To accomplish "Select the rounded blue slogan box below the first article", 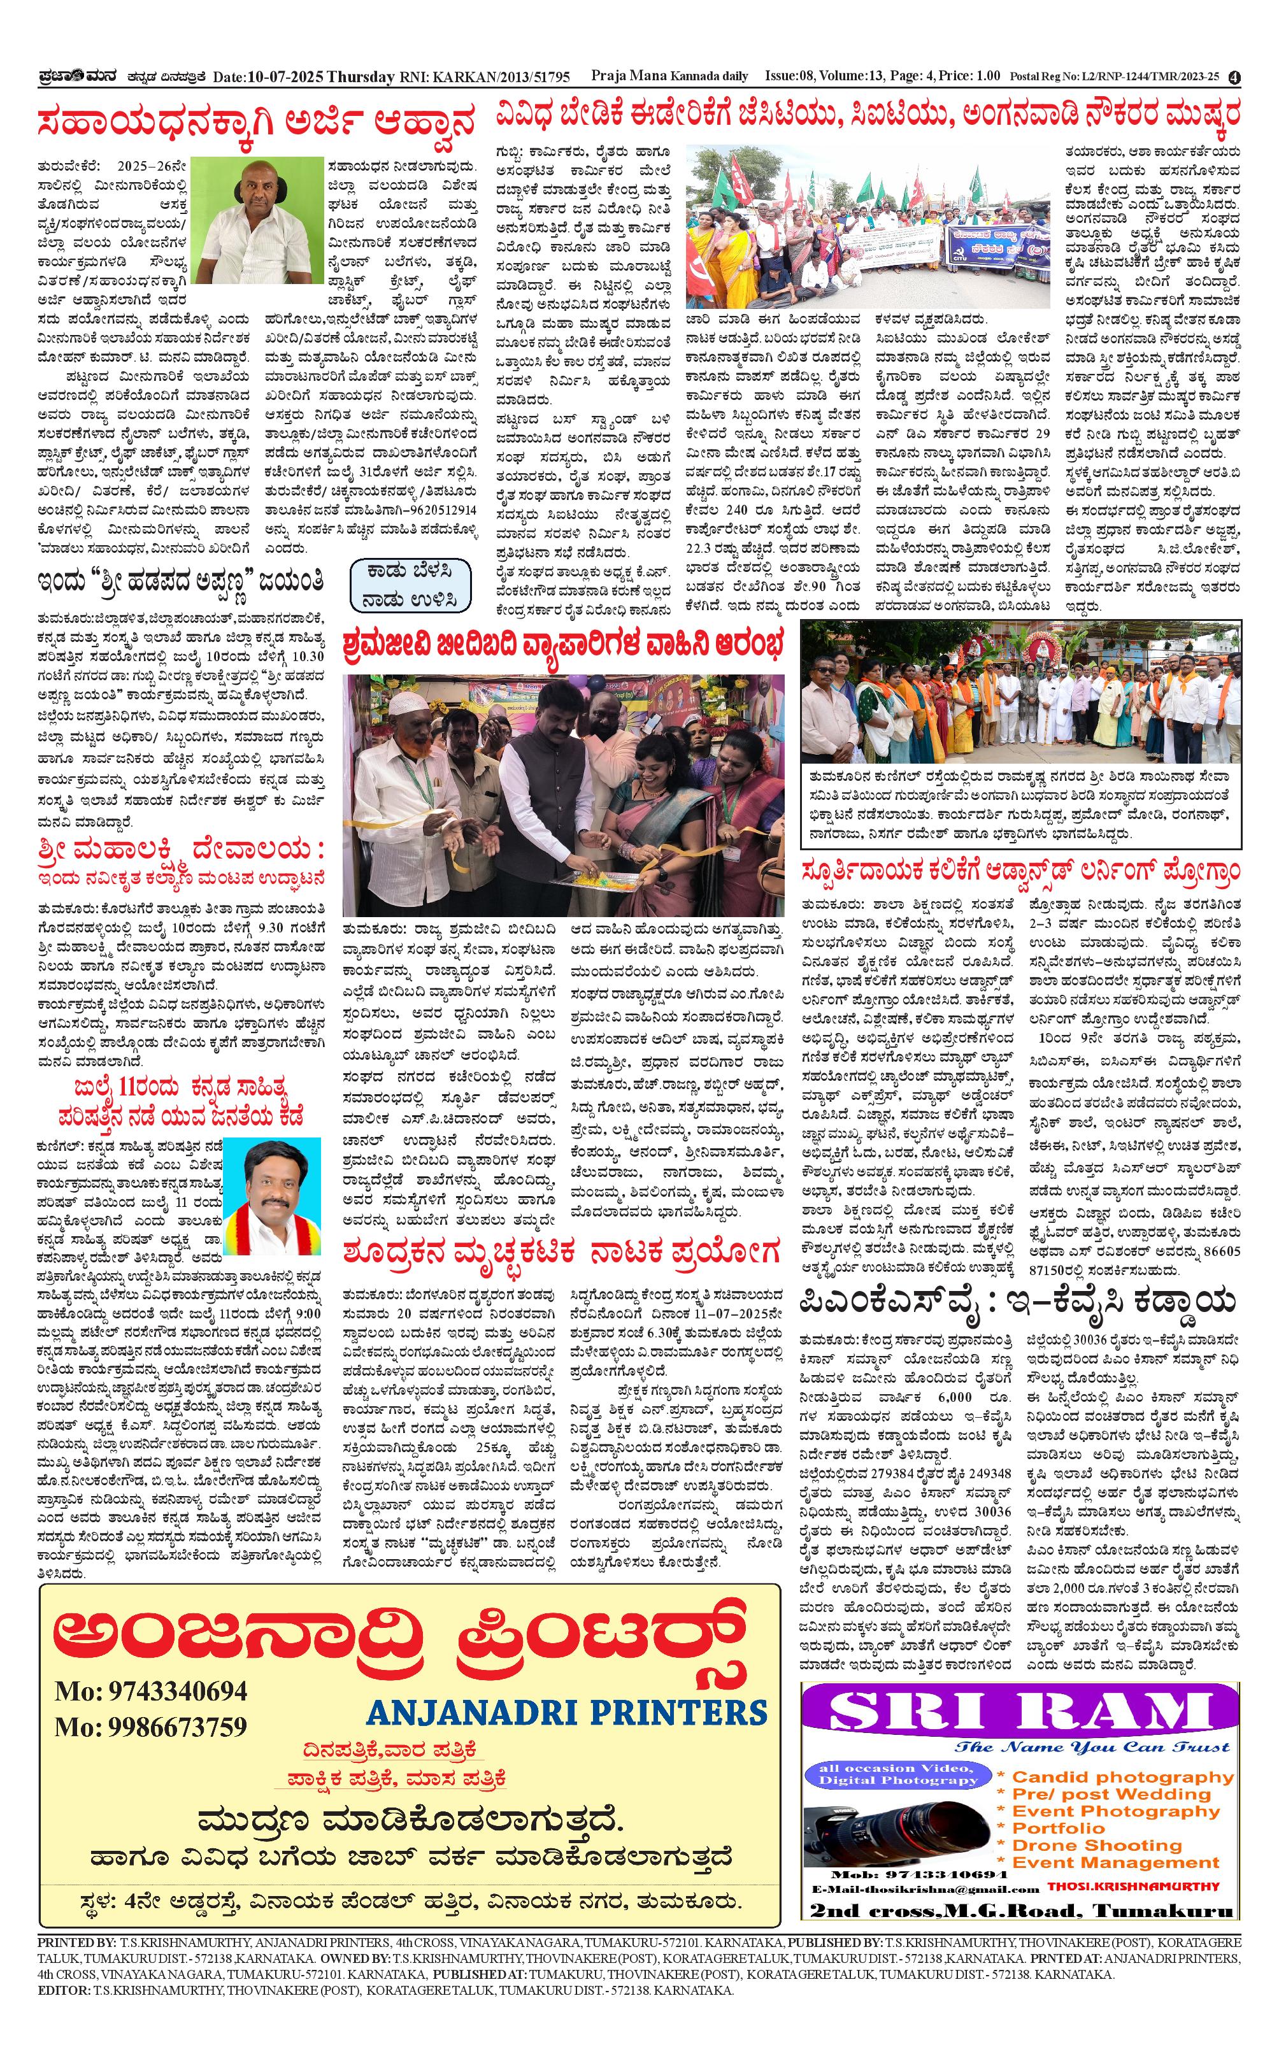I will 410,585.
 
